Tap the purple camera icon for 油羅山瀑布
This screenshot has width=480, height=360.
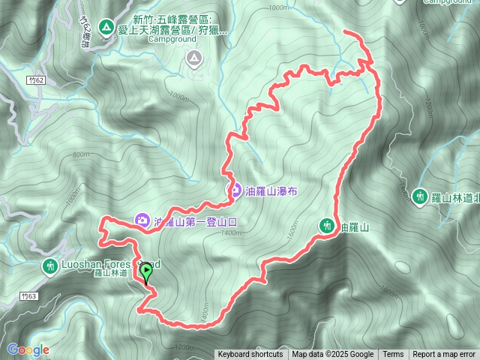point(235,190)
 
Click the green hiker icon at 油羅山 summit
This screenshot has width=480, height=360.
point(326,224)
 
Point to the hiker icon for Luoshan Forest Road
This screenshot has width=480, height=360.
point(50,265)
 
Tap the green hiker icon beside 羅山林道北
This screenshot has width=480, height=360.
point(420,196)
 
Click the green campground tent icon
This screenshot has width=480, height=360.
point(106,28)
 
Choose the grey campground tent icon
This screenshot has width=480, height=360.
point(194,57)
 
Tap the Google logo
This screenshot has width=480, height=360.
point(28,349)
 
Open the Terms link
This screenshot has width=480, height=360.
point(392,355)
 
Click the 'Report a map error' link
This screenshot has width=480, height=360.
point(445,355)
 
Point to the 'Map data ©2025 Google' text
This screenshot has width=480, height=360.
point(333,355)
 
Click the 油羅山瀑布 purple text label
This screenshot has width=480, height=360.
point(271,191)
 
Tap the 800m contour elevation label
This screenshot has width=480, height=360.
point(80,155)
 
